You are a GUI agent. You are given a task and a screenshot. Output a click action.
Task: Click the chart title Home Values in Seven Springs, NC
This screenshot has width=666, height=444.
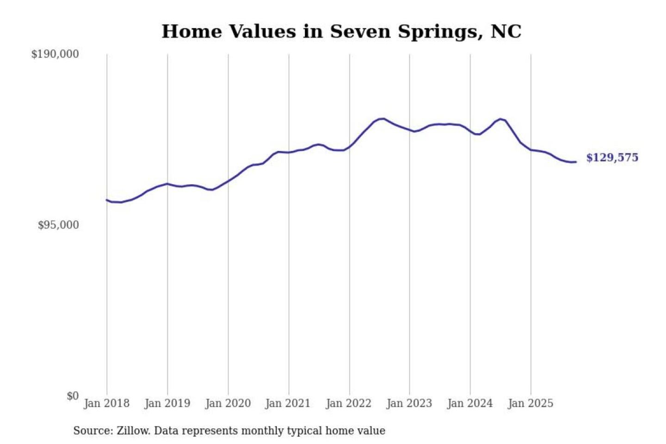point(341,31)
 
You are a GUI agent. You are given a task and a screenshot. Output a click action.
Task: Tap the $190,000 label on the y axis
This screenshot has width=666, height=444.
point(55,54)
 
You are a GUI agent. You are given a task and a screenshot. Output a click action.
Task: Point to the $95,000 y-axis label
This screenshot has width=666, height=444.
point(58,225)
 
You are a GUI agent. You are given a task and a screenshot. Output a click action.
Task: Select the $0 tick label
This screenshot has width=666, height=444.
point(73,396)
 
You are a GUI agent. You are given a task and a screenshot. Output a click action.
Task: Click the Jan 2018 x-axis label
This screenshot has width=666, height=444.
point(106,403)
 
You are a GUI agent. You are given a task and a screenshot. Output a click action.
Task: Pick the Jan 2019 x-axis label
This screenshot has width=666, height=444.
point(167,403)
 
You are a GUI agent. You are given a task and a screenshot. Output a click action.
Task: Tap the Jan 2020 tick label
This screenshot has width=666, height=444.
point(228,403)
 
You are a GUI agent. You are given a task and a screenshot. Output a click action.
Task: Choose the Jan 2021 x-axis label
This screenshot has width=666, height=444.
point(288,403)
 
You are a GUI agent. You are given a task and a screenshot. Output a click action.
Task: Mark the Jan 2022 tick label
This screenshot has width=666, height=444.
point(348,403)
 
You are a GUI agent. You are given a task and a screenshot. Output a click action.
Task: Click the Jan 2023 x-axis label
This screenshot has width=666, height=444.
point(409,403)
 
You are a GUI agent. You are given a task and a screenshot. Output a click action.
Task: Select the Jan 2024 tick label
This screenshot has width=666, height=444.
point(469,403)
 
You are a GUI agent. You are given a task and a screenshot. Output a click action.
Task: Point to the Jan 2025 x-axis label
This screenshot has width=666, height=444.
point(530,403)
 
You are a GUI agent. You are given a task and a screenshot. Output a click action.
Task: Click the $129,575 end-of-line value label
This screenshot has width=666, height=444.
point(612,158)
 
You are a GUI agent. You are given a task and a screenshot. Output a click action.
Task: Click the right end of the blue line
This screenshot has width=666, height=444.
point(575,162)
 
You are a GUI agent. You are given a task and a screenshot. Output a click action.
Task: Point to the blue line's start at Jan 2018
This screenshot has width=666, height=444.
point(107,200)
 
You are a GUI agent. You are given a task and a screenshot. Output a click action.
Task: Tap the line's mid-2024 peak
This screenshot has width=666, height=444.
point(500,119)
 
